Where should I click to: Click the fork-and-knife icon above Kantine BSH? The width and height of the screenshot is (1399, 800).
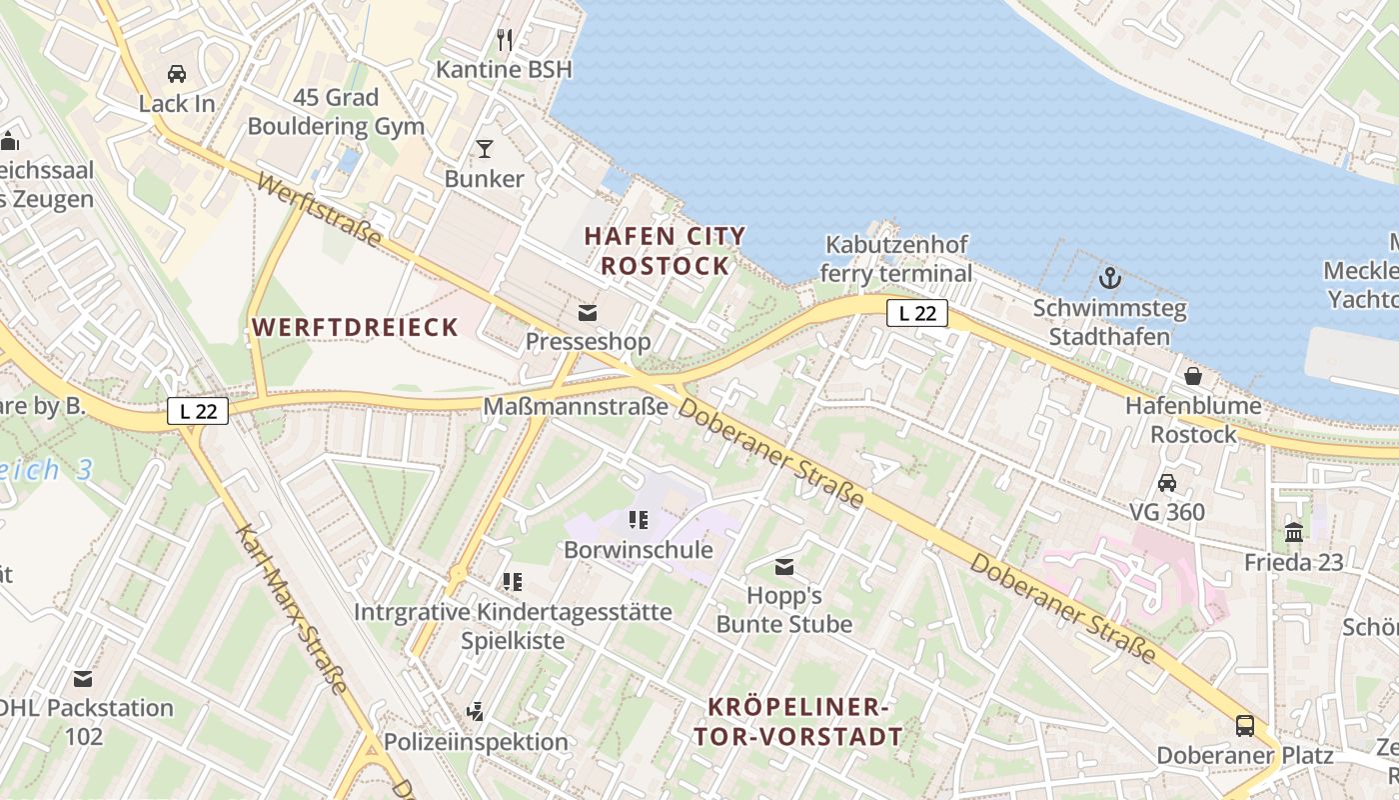[505, 40]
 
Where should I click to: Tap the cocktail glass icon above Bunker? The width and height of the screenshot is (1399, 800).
[485, 149]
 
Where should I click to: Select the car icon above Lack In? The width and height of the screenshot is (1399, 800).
[177, 74]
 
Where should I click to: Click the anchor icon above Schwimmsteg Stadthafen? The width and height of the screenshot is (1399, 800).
[1109, 278]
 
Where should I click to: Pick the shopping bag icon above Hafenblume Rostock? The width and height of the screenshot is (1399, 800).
[1193, 376]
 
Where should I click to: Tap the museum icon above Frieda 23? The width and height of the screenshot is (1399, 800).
[1294, 532]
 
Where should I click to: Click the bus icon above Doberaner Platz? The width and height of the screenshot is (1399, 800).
[1245, 725]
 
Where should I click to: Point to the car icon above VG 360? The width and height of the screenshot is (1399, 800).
[1167, 483]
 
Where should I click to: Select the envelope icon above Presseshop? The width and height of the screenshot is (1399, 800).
[588, 313]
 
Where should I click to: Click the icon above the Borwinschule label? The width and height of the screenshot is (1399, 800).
[638, 520]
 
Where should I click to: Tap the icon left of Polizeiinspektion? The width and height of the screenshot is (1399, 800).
[476, 712]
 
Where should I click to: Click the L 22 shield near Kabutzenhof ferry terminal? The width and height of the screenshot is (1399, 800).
[917, 314]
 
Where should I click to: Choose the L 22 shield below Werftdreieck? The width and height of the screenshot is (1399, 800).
[198, 410]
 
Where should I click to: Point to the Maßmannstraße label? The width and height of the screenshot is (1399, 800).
[576, 407]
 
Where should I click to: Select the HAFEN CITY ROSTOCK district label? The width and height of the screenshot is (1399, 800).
[665, 251]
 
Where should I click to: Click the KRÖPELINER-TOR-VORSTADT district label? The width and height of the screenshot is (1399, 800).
[805, 722]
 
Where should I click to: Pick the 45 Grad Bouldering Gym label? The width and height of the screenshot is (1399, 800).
[336, 112]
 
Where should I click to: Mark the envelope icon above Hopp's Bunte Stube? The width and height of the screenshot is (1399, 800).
[784, 568]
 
